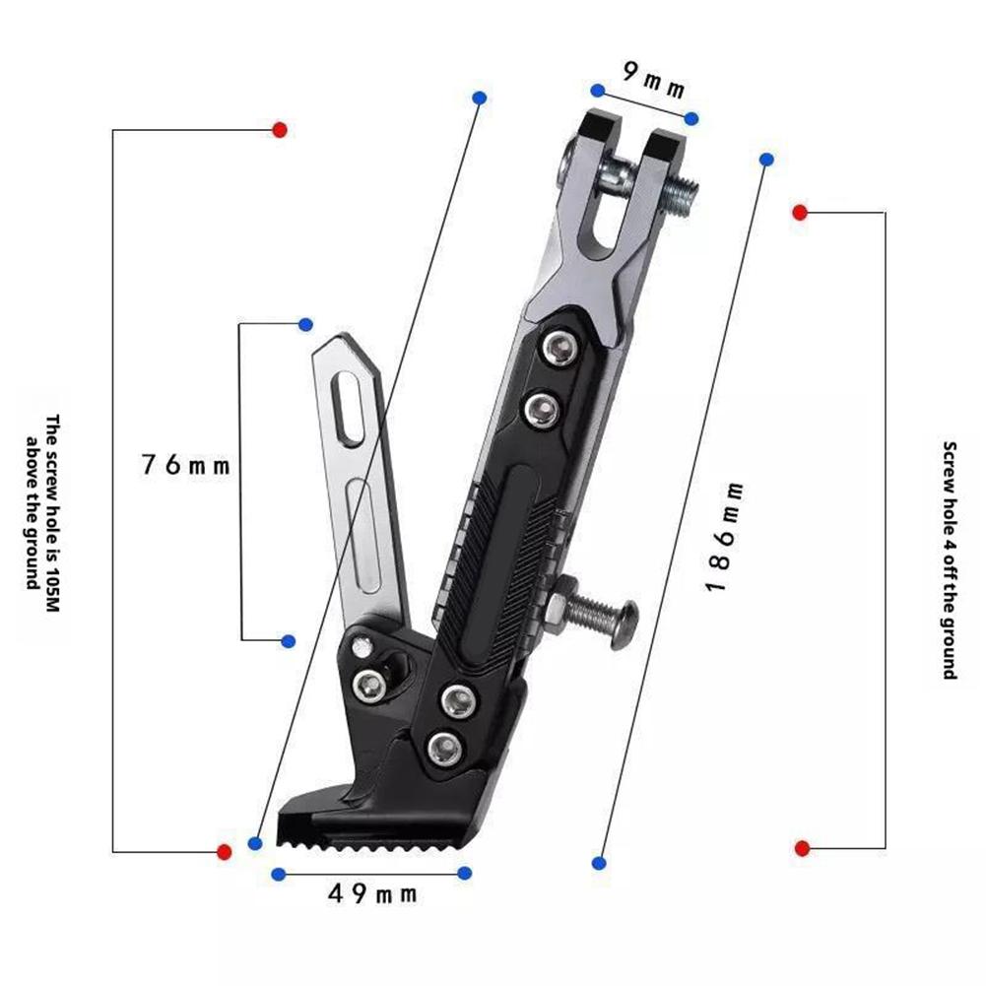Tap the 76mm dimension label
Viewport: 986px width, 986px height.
tap(185, 465)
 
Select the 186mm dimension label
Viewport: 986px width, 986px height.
tap(724, 537)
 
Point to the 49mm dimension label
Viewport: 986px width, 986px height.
tap(372, 893)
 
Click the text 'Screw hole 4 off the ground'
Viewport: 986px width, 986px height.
tap(950, 560)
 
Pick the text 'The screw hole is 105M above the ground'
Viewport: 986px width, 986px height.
tap(43, 502)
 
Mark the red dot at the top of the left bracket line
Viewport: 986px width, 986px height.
tap(280, 129)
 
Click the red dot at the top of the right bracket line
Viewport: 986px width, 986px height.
tap(800, 212)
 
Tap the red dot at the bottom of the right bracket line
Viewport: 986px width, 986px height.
tap(802, 848)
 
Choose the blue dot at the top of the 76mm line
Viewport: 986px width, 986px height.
tap(305, 324)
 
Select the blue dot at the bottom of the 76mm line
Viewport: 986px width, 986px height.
tap(289, 641)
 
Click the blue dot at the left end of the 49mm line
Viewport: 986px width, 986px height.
tap(279, 874)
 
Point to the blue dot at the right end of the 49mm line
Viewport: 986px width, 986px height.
tap(465, 873)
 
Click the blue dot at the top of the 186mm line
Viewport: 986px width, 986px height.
tap(767, 159)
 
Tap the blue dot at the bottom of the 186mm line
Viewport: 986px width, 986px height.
tap(599, 863)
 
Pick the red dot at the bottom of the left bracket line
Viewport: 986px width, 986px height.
tap(224, 851)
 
